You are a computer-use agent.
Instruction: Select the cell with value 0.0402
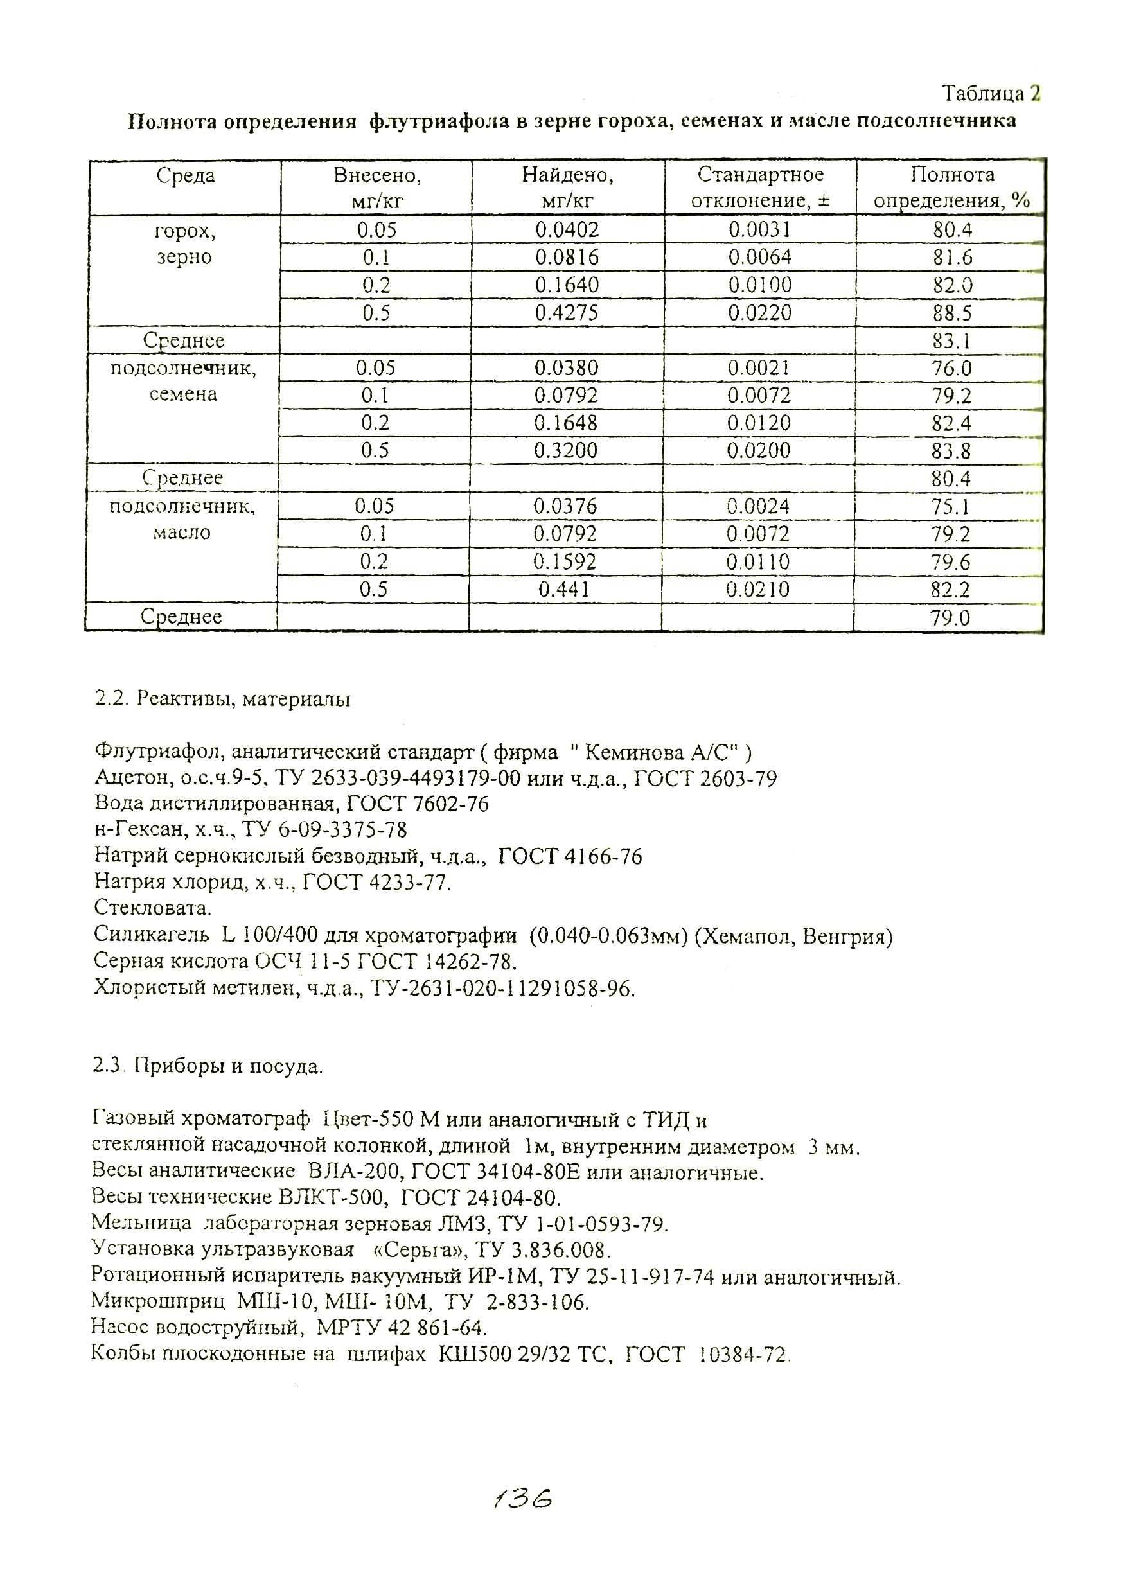(x=567, y=230)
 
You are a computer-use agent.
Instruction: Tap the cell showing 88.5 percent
(x=951, y=313)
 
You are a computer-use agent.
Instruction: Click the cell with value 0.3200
(x=565, y=451)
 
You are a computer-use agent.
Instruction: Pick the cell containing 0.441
(x=564, y=590)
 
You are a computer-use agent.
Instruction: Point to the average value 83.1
(x=951, y=340)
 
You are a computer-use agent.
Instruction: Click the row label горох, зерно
(x=184, y=243)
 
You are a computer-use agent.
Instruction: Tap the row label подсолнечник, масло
(x=182, y=520)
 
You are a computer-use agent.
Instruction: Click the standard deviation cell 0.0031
(x=759, y=230)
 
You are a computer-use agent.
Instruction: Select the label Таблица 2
(x=991, y=93)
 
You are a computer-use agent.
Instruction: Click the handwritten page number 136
(x=522, y=1499)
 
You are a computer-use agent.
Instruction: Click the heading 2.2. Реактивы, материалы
(x=222, y=699)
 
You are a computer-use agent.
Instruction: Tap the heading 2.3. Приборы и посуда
(x=208, y=1066)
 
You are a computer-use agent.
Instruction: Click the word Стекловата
(x=153, y=908)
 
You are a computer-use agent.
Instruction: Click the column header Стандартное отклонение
(x=760, y=188)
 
